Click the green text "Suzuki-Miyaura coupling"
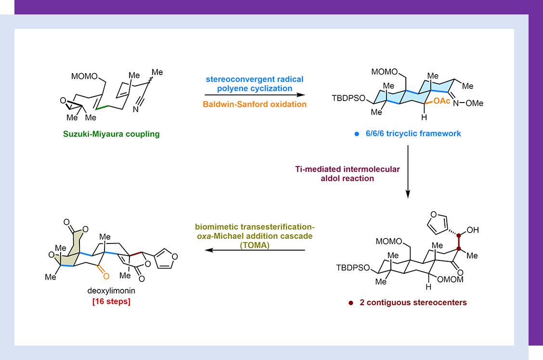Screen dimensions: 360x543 tap(118, 134)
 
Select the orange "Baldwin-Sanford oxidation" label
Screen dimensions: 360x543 tap(255, 104)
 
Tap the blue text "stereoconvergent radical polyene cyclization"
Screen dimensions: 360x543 tap(255, 84)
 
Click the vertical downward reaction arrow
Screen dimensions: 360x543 tap(408, 171)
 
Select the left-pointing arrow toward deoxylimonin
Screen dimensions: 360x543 tap(255, 250)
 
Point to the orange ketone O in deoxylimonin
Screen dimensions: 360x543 tap(105, 276)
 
